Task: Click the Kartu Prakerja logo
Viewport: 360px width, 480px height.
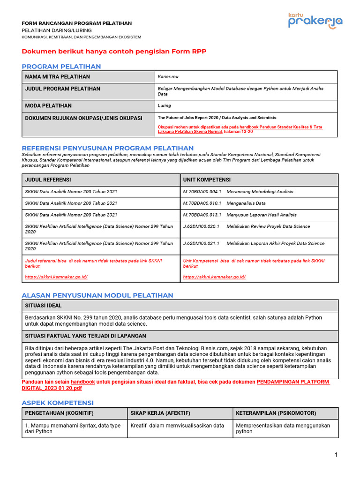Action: [x=315, y=21]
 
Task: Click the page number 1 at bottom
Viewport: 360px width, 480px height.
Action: [x=336, y=455]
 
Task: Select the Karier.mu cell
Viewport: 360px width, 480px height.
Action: [x=168, y=77]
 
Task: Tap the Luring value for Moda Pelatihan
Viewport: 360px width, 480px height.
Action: [x=165, y=106]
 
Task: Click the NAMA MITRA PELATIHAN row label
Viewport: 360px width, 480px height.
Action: [x=57, y=77]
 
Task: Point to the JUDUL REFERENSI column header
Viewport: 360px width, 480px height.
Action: [x=48, y=180]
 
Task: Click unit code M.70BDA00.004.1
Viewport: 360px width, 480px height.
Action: [x=202, y=191]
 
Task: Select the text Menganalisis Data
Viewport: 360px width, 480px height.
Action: [x=246, y=203]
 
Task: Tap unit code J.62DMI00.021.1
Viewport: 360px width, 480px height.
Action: [x=201, y=243]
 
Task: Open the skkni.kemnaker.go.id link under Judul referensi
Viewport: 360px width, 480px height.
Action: [x=56, y=277]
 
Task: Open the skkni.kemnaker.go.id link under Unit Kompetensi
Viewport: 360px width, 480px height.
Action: [x=214, y=277]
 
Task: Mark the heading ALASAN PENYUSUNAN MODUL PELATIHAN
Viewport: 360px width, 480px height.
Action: [x=97, y=295]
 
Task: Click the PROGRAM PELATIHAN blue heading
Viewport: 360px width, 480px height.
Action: [x=61, y=67]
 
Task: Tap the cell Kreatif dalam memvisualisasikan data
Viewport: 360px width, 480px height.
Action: [x=177, y=426]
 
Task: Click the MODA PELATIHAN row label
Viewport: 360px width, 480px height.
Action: [x=48, y=106]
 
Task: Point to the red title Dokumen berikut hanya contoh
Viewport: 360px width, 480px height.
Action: [x=114, y=51]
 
